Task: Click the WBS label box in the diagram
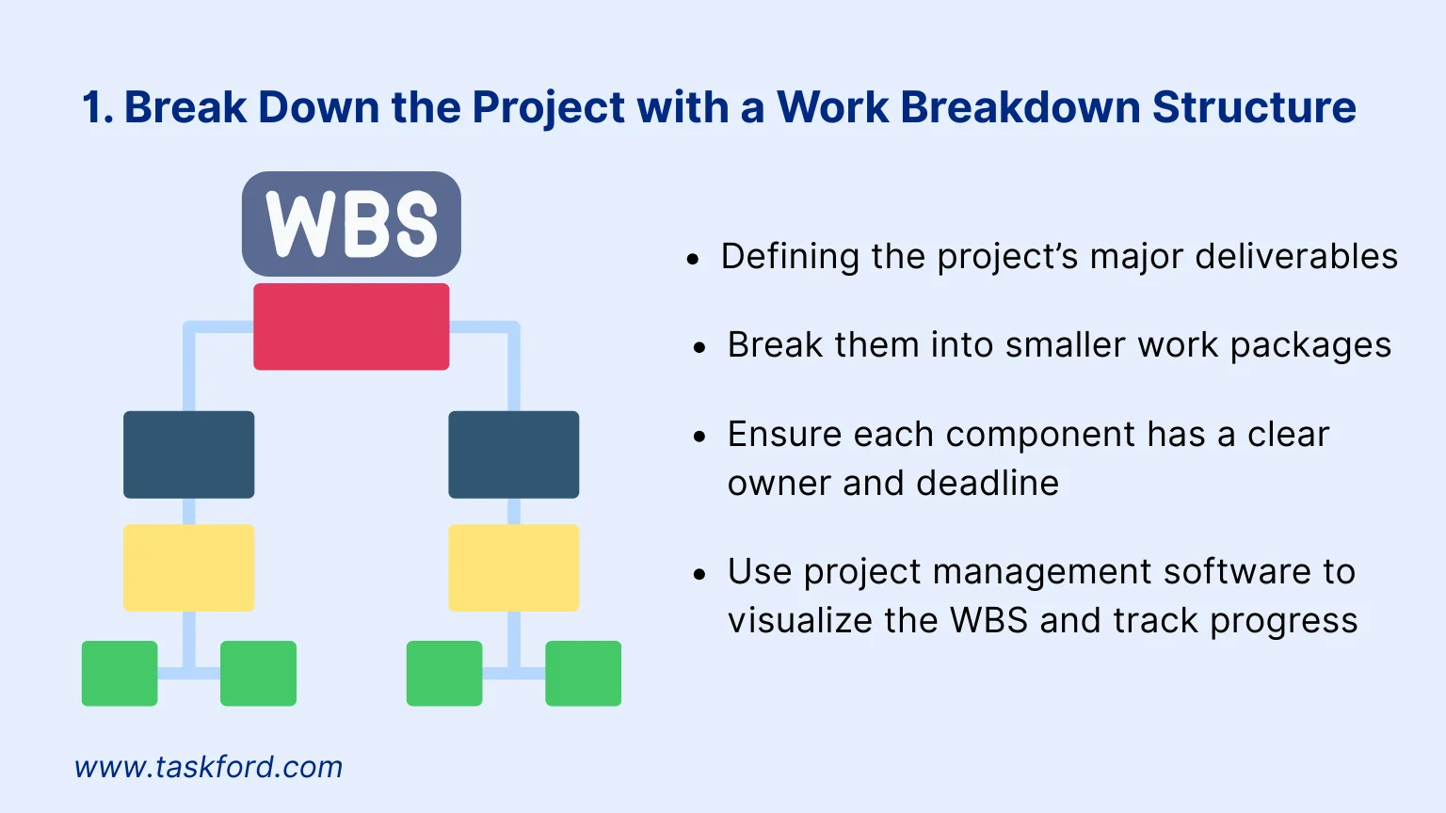tap(351, 224)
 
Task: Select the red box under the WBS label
tap(351, 327)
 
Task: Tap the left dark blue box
tap(188, 454)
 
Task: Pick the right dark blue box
tap(514, 454)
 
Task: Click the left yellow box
tap(188, 567)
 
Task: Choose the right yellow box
tap(514, 567)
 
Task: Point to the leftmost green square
tap(120, 673)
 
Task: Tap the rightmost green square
tap(583, 673)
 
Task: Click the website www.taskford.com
tap(208, 767)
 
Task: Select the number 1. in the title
tap(98, 106)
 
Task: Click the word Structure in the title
tap(1254, 106)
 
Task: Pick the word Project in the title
tap(548, 108)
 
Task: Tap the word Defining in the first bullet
tap(790, 257)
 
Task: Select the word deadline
tap(987, 483)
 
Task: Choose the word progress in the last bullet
tap(1284, 622)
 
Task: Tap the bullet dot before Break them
tap(699, 348)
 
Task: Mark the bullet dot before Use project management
tap(699, 574)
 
